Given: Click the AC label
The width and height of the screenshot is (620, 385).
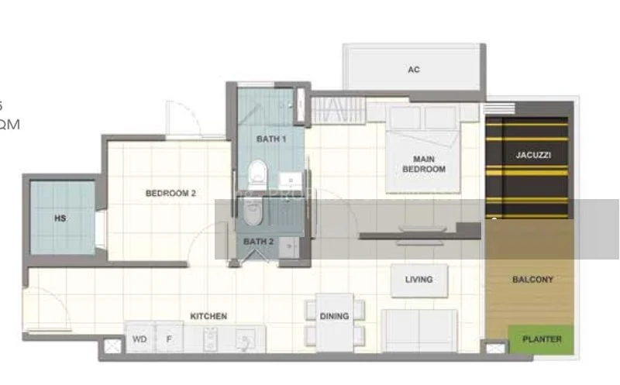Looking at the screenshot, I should pos(414,70).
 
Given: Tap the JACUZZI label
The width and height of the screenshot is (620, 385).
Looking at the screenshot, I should pos(533,155).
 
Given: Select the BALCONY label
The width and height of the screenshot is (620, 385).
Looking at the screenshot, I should pos(533,280).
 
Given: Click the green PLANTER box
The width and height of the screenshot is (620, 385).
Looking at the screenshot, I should pos(542,339).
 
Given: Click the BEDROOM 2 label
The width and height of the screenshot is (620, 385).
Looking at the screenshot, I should pos(170,194).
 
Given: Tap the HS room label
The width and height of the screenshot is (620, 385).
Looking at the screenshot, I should pos(60,218).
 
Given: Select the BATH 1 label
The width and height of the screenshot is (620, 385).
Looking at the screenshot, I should pos(271,139).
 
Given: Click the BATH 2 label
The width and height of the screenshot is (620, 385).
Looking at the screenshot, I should pos(259,242).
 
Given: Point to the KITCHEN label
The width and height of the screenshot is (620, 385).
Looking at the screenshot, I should pos(208,316).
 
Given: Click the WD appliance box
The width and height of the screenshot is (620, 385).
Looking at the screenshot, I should pos(139,339).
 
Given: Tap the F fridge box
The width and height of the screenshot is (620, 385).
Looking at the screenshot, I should pos(168,339).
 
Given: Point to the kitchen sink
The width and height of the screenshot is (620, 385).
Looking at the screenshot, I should pos(246,339).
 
